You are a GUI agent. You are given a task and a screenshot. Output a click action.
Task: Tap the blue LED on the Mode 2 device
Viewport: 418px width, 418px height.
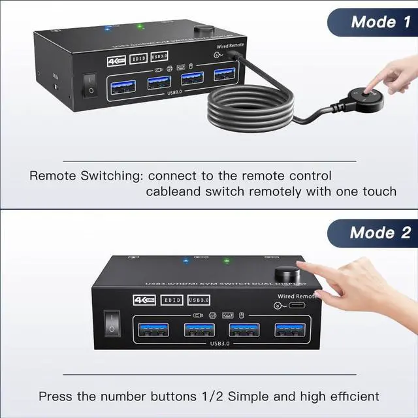pos(185,260)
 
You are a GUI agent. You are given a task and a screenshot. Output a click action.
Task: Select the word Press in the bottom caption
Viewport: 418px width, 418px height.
pos(54,396)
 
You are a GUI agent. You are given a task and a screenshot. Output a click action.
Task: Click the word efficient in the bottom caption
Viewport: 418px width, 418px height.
pos(351,396)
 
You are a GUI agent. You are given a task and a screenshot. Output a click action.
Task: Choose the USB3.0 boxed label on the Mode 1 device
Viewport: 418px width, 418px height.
pos(162,59)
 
